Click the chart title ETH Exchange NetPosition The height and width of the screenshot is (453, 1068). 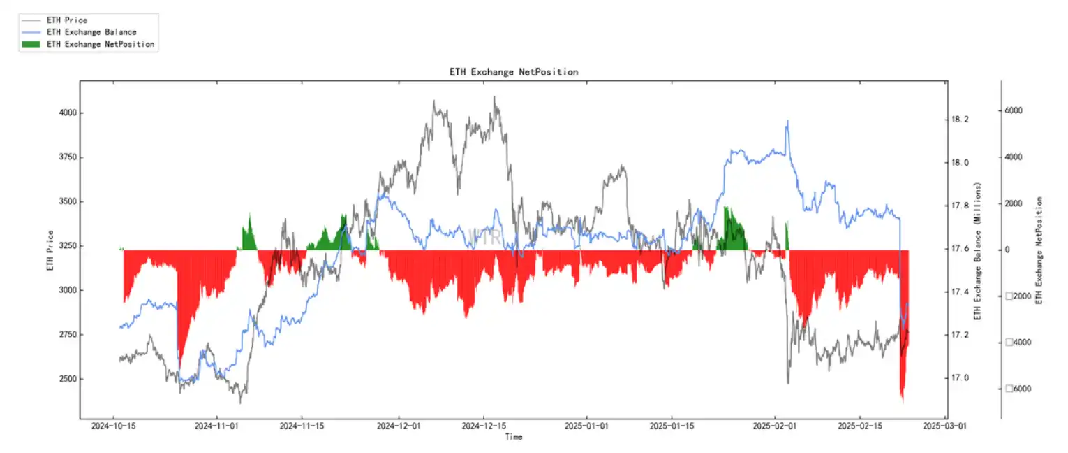(513, 72)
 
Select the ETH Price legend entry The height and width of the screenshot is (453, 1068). (66, 20)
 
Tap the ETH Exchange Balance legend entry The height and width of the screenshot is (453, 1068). (91, 32)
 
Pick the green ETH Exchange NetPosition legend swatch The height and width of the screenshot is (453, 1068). (31, 44)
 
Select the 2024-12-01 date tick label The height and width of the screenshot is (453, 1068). (399, 425)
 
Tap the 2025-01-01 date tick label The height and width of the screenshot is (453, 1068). (586, 425)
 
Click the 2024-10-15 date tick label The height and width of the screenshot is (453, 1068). (114, 425)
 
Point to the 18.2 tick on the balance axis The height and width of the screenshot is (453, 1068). (960, 120)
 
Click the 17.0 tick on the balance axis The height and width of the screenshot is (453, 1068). (960, 378)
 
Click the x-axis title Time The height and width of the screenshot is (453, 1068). (513, 437)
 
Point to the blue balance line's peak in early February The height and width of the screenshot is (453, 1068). (787, 121)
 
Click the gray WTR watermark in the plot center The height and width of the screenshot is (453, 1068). (484, 236)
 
